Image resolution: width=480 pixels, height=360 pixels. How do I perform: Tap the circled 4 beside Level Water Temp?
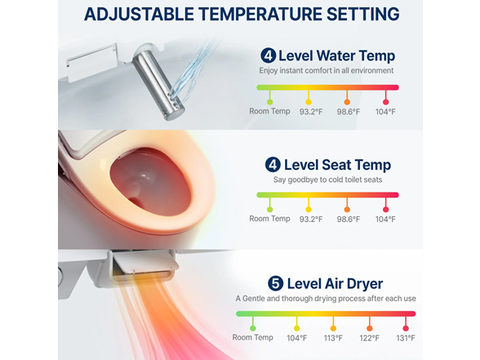pyautogui.click(x=268, y=56)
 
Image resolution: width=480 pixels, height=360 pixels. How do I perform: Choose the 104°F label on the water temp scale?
pyautogui.click(x=385, y=112)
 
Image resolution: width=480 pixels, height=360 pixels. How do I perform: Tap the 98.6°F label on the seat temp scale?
pyautogui.click(x=347, y=219)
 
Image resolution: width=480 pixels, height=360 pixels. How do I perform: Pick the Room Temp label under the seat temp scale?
pyautogui.click(x=269, y=219)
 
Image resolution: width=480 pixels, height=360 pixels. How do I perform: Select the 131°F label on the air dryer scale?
pyautogui.click(x=406, y=338)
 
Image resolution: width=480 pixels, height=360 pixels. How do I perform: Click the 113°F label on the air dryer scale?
pyautogui.click(x=333, y=338)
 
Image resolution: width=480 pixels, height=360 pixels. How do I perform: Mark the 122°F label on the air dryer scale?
pyautogui.click(x=370, y=338)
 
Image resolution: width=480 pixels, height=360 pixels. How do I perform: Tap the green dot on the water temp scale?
pyautogui.click(x=269, y=100)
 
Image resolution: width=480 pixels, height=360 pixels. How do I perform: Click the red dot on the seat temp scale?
pyautogui.click(x=385, y=207)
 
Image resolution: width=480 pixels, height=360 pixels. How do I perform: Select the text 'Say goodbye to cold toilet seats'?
pyautogui.click(x=327, y=180)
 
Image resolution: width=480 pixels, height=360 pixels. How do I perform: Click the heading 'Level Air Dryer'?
pyautogui.click(x=331, y=283)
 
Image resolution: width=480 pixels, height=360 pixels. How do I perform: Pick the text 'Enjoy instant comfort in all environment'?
pyautogui.click(x=327, y=71)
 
